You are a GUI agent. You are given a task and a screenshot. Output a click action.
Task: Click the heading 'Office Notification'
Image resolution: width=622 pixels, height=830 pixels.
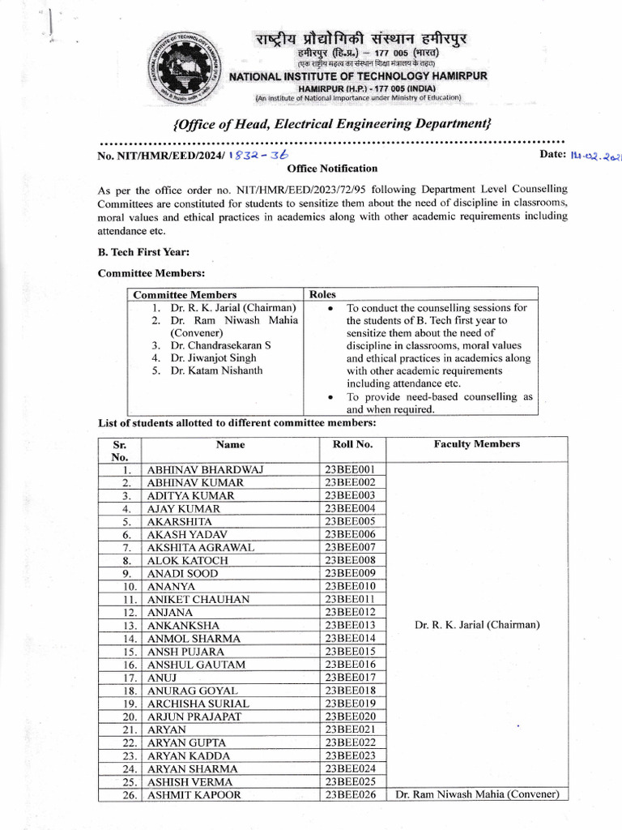(332, 169)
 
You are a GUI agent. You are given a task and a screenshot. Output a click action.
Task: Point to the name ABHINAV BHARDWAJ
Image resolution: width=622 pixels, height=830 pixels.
(205, 469)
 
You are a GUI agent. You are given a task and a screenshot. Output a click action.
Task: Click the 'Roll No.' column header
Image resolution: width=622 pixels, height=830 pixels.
(352, 444)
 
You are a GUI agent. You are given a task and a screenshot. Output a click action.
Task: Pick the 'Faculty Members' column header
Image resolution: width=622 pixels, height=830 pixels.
(477, 444)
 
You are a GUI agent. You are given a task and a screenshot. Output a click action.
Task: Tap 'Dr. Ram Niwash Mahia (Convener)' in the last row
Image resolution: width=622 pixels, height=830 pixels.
(477, 794)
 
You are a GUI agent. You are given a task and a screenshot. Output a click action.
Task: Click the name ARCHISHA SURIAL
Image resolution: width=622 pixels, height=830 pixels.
(198, 704)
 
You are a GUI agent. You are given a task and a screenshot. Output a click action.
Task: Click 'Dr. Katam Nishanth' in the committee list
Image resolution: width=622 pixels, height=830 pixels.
(216, 371)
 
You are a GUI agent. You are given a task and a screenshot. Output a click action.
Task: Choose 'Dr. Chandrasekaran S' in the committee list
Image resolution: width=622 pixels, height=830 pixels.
(220, 345)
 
